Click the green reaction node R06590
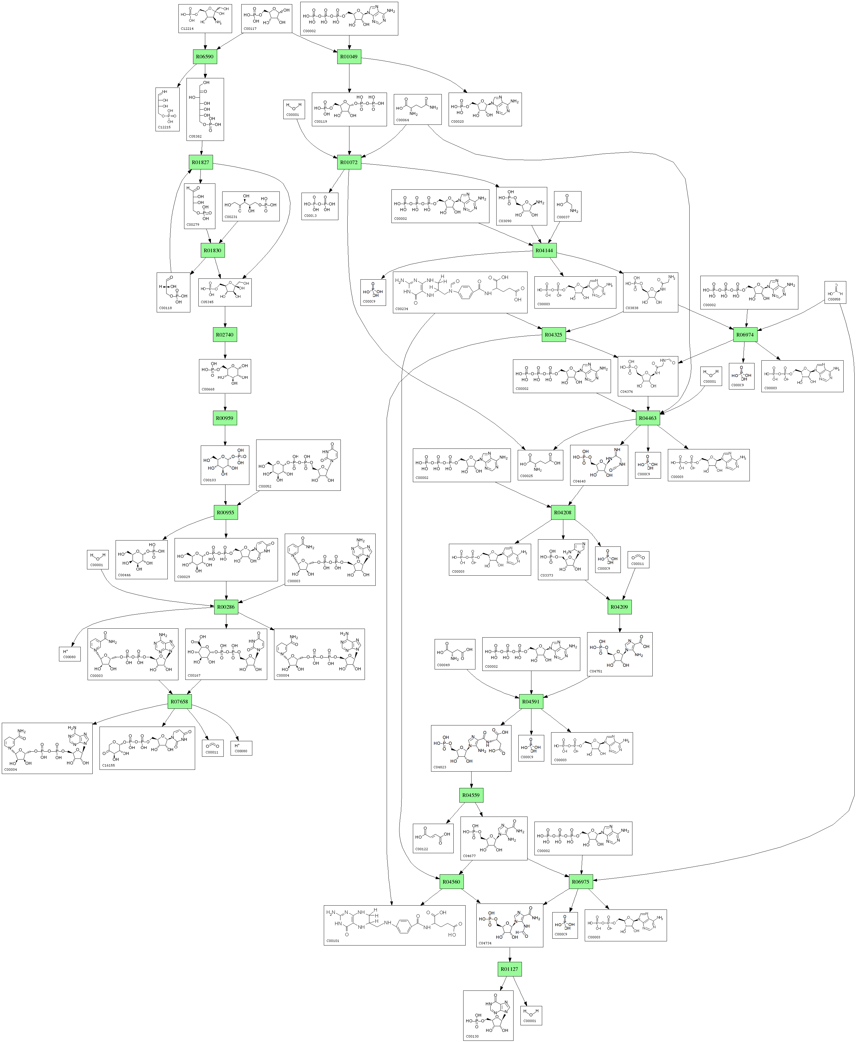pyautogui.click(x=205, y=57)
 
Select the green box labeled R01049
pyautogui.click(x=349, y=57)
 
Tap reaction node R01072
pyautogui.click(x=349, y=162)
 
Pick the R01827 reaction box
pyautogui.click(x=201, y=162)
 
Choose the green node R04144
pyautogui.click(x=544, y=250)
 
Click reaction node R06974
pyautogui.click(x=745, y=335)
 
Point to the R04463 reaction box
pyautogui.click(x=648, y=418)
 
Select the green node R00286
pyautogui.click(x=226, y=607)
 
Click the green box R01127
pyautogui.click(x=509, y=969)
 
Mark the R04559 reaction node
pyautogui.click(x=471, y=795)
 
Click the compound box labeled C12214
pyautogui.click(x=205, y=19)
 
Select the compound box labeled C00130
pyautogui.click(x=488, y=1015)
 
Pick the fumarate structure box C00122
pyautogui.click(x=433, y=838)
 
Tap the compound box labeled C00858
pyautogui.click(x=835, y=292)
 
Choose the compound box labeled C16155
pyautogui.click(x=147, y=748)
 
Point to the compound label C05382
pyautogui.click(x=195, y=136)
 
